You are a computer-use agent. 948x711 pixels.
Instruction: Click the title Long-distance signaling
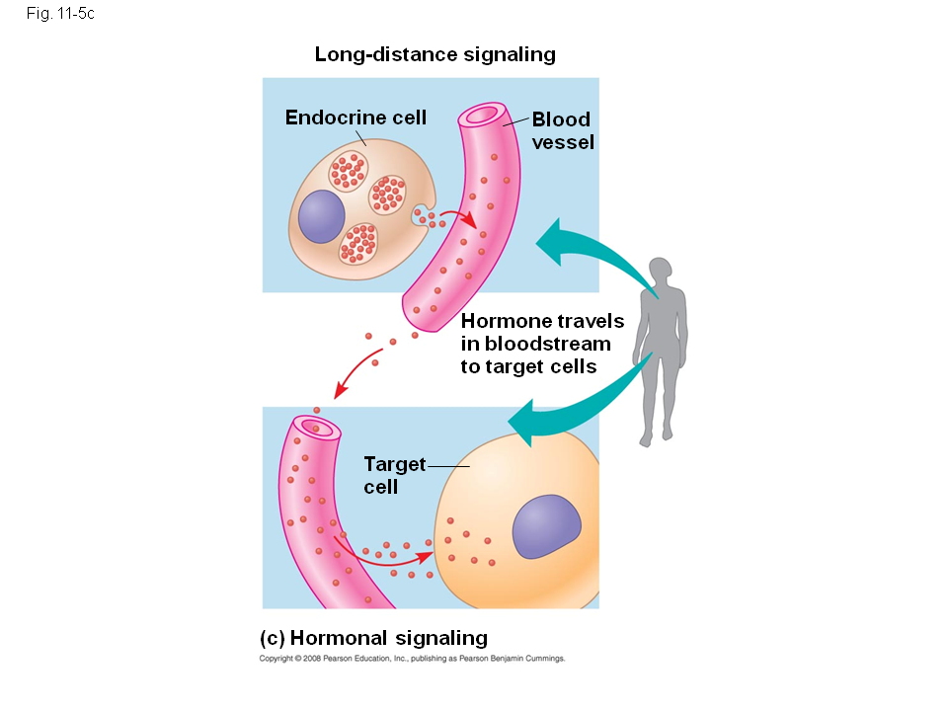434,54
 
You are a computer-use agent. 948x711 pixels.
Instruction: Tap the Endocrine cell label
355,118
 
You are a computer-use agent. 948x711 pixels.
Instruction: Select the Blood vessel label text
562,130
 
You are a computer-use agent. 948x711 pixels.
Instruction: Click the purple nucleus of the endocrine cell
321,216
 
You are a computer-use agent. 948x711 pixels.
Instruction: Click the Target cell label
394,474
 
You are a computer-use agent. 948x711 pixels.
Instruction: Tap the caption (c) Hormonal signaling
373,637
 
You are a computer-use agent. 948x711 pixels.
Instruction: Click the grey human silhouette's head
660,270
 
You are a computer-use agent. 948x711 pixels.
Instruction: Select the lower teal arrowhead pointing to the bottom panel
527,422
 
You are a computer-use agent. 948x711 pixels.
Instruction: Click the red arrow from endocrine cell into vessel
456,216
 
